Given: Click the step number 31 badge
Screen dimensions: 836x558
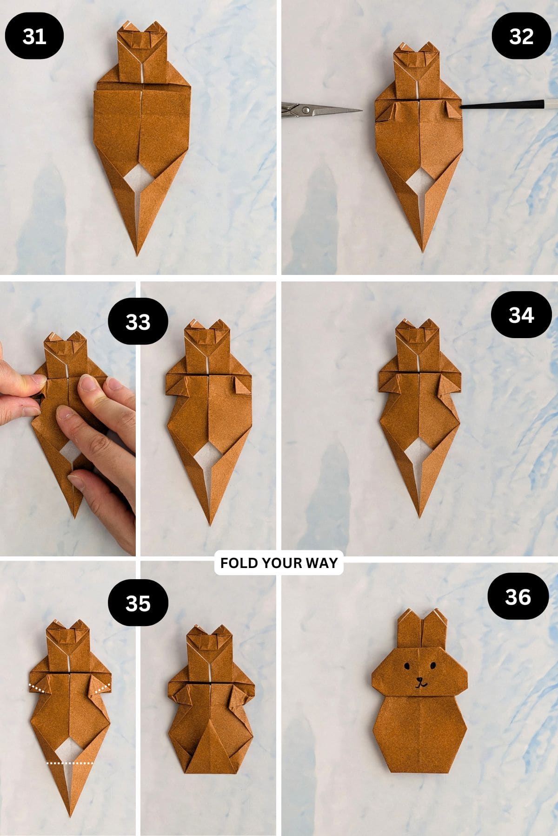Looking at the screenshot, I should point(34,36).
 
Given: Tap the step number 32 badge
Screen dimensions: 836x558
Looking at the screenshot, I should point(521,36).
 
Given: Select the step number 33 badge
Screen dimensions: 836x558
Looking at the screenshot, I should point(138,321).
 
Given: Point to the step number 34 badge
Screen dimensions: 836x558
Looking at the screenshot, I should point(521,315).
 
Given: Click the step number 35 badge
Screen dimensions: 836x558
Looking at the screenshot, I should point(138,603).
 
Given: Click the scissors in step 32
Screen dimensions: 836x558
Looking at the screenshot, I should point(321,110).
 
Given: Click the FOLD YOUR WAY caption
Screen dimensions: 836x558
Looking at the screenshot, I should point(279,563).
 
